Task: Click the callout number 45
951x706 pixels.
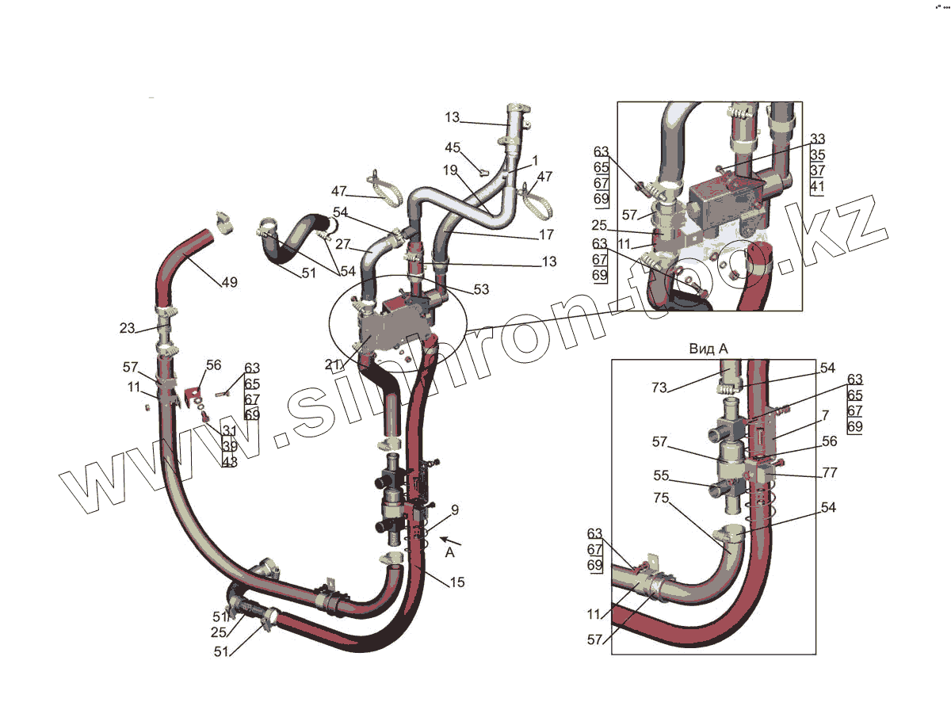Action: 453,147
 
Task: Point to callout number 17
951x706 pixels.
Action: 547,235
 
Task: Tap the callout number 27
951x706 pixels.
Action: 343,245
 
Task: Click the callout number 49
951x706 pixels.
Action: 229,282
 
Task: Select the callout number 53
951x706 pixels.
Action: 482,290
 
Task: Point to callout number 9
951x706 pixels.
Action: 454,509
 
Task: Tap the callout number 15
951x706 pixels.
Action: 457,582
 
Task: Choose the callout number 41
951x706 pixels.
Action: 818,187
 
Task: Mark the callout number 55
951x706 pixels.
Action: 661,476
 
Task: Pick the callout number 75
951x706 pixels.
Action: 660,498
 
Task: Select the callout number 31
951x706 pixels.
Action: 230,430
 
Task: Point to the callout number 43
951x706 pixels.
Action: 230,461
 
